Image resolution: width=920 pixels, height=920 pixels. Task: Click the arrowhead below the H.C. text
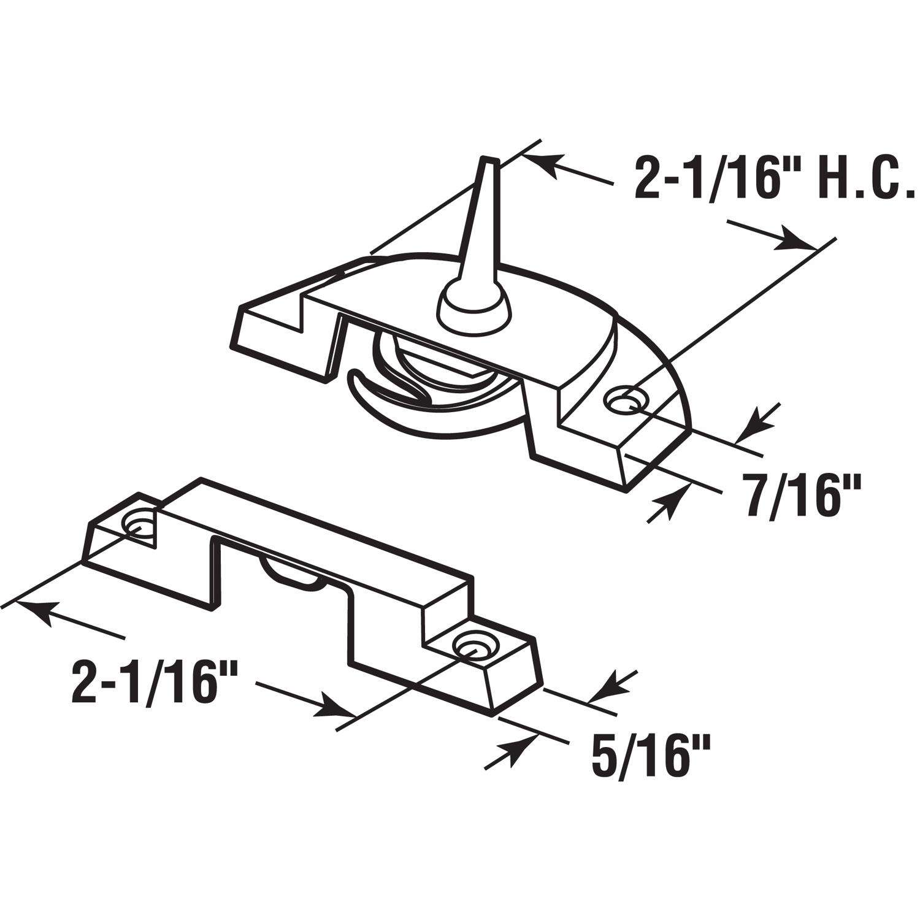click(x=791, y=241)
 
